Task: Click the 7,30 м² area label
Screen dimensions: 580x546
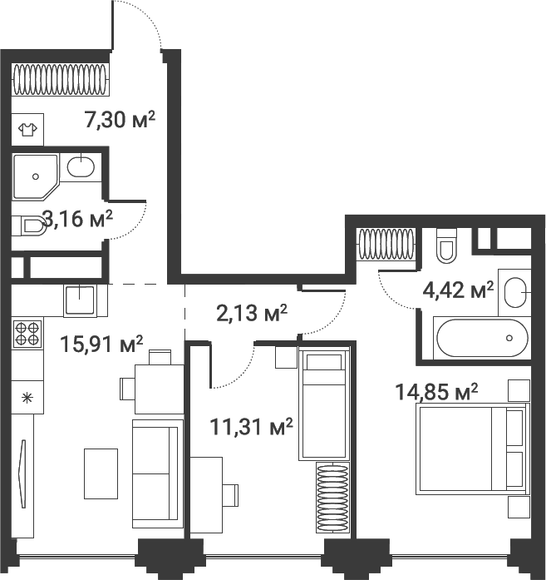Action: (x=121, y=120)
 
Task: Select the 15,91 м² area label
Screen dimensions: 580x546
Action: (x=103, y=343)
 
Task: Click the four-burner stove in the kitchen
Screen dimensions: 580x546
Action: (x=27, y=333)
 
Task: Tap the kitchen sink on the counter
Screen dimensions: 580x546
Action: (x=81, y=298)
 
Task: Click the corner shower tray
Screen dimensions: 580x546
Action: (x=35, y=176)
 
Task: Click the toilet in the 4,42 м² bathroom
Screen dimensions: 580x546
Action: (x=446, y=244)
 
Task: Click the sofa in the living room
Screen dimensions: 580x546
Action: (x=156, y=473)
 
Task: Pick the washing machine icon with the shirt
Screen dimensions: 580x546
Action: (x=27, y=129)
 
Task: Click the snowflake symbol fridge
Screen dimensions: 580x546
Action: (x=26, y=397)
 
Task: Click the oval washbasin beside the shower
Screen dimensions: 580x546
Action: (x=81, y=167)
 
